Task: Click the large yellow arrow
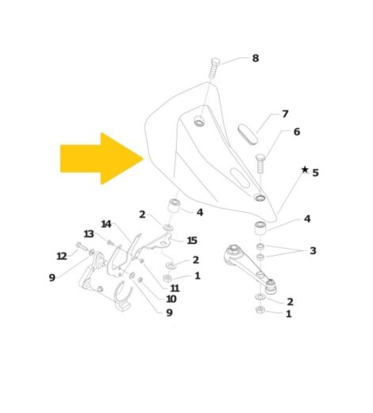102,159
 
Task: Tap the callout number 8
256,58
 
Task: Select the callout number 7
285,114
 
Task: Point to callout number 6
297,132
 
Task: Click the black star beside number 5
305,169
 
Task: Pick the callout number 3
313,250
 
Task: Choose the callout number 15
192,241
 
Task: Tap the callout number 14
106,224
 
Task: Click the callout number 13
89,234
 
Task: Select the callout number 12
62,256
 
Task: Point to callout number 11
175,288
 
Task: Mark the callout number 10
171,299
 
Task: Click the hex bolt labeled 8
214,68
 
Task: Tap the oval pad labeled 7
248,134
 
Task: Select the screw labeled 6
260,164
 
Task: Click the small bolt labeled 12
83,247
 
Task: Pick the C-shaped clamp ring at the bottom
122,295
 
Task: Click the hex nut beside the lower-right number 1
260,309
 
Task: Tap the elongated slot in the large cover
240,177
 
